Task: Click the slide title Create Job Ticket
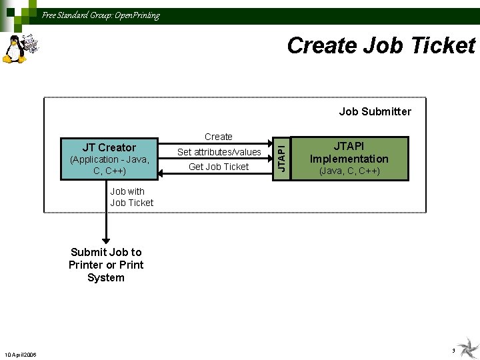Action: point(381,45)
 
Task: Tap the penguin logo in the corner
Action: point(15,49)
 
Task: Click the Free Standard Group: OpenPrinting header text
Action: point(101,15)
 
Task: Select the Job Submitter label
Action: point(375,111)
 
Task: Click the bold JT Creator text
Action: point(109,147)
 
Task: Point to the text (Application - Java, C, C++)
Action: point(109,165)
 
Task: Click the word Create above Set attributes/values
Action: point(219,137)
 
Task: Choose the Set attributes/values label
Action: point(219,152)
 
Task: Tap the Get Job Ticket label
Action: point(219,167)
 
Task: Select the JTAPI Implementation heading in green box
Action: point(349,152)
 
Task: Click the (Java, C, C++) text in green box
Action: point(349,171)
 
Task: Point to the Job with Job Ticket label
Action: point(131,197)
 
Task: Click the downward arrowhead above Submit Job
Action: point(105,241)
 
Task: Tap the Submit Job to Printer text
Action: point(106,258)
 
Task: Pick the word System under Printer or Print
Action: point(106,277)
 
